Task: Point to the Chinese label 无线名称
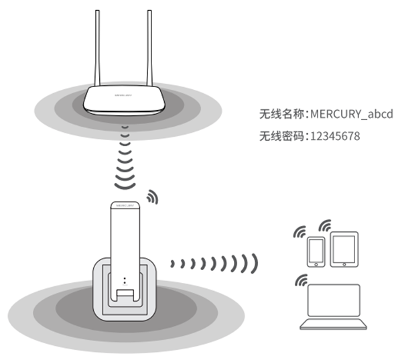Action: [281, 115]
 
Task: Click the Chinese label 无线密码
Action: [281, 136]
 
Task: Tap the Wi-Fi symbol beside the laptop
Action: [300, 280]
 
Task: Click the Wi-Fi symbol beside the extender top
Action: [153, 198]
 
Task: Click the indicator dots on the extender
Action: [125, 278]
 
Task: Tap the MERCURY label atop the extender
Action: [125, 203]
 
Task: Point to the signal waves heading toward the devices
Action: [214, 262]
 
